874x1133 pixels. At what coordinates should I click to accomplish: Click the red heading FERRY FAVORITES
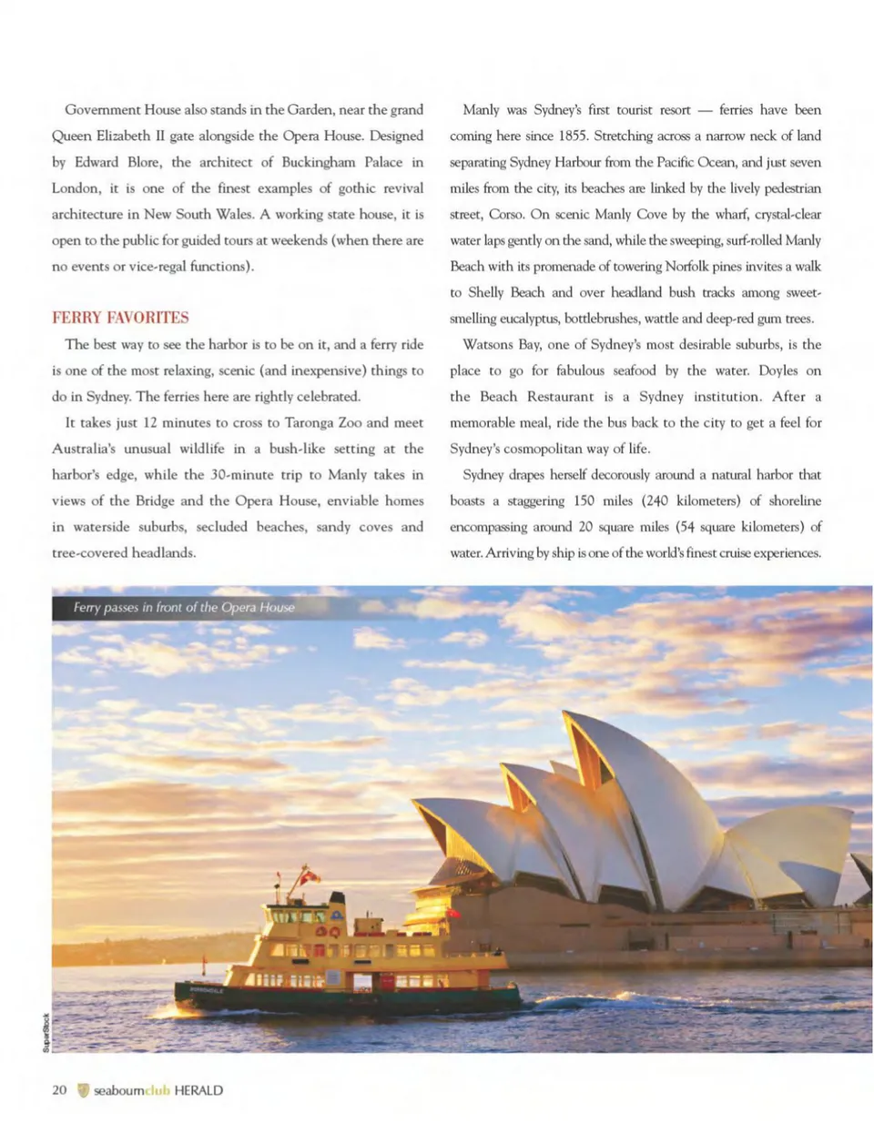pyautogui.click(x=120, y=318)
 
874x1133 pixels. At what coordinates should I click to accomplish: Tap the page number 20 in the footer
pyautogui.click(x=59, y=1090)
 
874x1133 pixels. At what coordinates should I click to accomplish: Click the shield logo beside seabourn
pyautogui.click(x=83, y=1090)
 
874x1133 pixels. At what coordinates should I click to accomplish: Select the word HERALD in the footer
pyautogui.click(x=198, y=1090)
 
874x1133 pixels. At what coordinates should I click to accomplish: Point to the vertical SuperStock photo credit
pyautogui.click(x=45, y=1032)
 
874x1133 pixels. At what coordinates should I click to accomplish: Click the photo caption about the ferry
pyautogui.click(x=184, y=607)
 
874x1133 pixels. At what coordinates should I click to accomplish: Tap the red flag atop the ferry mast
pyautogui.click(x=310, y=875)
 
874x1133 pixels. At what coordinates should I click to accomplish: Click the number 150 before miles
pyautogui.click(x=583, y=501)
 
